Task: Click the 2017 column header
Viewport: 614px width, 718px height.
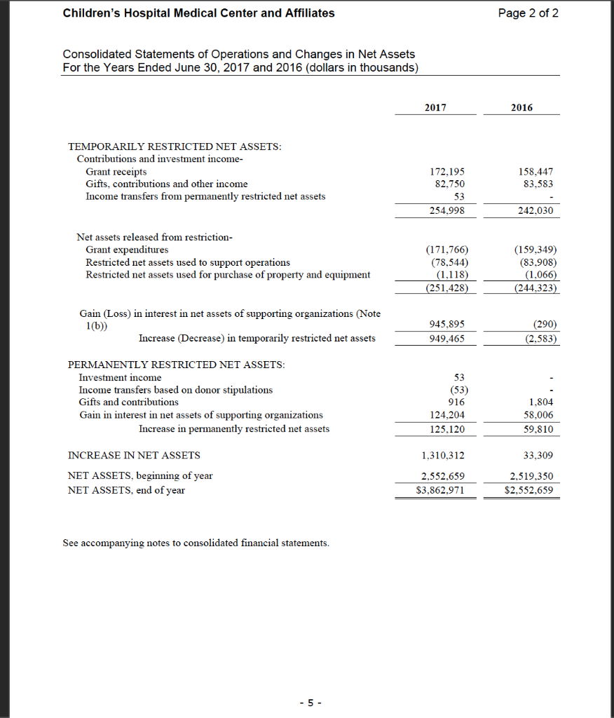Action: coord(435,107)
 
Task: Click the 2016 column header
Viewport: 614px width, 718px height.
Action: coord(521,107)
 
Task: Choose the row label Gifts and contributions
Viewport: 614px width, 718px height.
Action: coord(128,402)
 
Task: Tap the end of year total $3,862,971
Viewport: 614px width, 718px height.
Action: coord(440,490)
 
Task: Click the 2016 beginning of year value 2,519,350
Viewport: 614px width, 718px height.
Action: coord(533,476)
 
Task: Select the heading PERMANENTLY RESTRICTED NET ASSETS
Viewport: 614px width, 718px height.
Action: coord(176,365)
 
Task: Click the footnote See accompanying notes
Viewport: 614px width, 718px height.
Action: coord(196,543)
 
